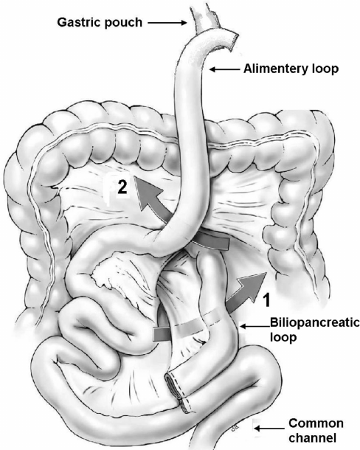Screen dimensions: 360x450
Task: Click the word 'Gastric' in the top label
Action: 79,22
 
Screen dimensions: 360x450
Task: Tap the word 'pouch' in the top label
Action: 123,23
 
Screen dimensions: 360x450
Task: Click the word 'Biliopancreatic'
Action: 315,323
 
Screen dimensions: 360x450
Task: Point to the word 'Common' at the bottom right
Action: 316,423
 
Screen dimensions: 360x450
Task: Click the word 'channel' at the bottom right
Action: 312,438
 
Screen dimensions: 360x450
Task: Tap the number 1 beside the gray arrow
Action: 267,300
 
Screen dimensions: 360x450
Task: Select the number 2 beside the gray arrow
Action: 122,187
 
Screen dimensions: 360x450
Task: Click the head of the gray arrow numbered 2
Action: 146,191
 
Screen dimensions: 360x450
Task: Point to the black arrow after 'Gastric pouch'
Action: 167,23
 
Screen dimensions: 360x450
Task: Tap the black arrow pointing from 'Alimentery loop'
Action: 224,69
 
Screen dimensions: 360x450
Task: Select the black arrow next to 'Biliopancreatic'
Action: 255,326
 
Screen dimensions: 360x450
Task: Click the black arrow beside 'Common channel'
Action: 269,429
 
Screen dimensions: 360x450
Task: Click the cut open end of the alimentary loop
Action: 232,42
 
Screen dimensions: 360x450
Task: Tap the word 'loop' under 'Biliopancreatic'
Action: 283,338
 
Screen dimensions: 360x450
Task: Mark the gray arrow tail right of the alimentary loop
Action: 215,241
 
